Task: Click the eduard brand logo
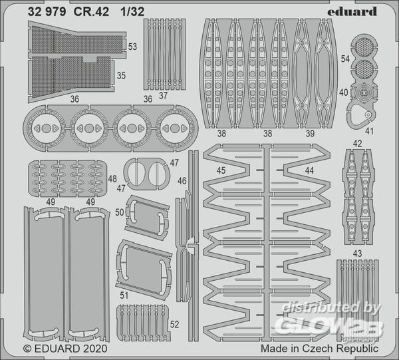(352, 12)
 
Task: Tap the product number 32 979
(47, 12)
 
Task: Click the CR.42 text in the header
(91, 12)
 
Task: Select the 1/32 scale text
(132, 12)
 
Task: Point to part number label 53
(132, 47)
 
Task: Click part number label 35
(121, 76)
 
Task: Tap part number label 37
(163, 96)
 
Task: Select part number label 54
(345, 59)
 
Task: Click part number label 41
(369, 131)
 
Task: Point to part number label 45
(221, 170)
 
